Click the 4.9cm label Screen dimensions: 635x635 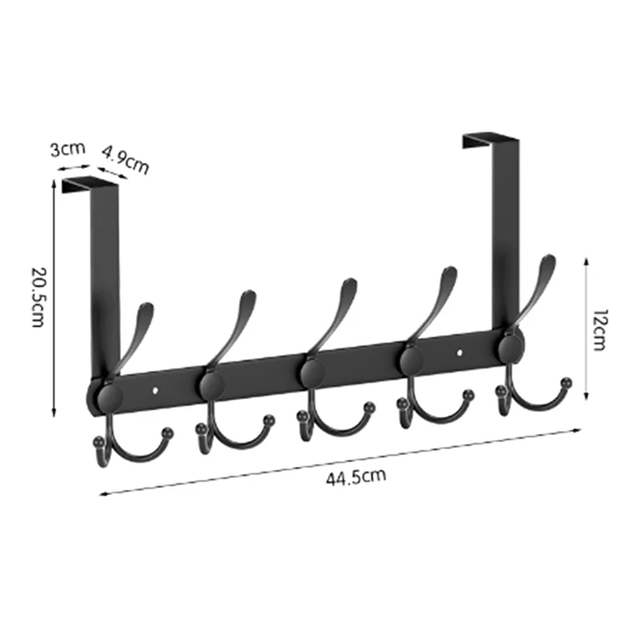(125, 160)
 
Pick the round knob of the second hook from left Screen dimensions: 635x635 (211, 383)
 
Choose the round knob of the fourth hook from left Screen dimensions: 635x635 (412, 359)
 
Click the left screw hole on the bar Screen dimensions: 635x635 (156, 390)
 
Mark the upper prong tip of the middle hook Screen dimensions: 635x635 (349, 283)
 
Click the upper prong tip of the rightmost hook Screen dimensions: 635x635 (548, 260)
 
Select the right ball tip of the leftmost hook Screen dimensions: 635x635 (167, 433)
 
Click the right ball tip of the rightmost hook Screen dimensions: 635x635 (566, 383)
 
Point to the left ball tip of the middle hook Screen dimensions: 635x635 (302, 414)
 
